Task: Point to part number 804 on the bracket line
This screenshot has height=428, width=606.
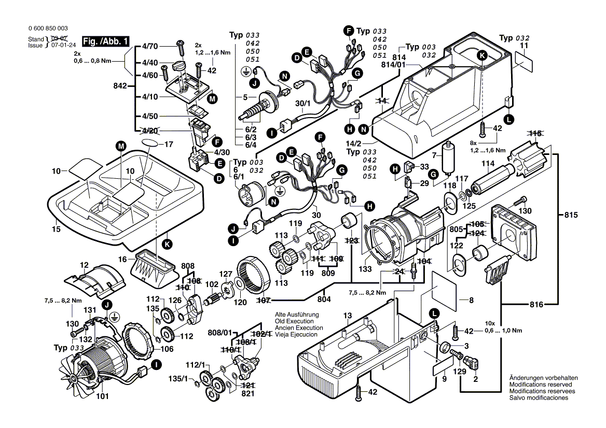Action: click(x=324, y=299)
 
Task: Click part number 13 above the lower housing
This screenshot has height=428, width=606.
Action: click(x=347, y=316)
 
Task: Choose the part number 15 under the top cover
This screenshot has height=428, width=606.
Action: click(x=56, y=229)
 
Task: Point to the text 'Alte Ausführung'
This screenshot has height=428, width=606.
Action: click(x=296, y=315)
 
